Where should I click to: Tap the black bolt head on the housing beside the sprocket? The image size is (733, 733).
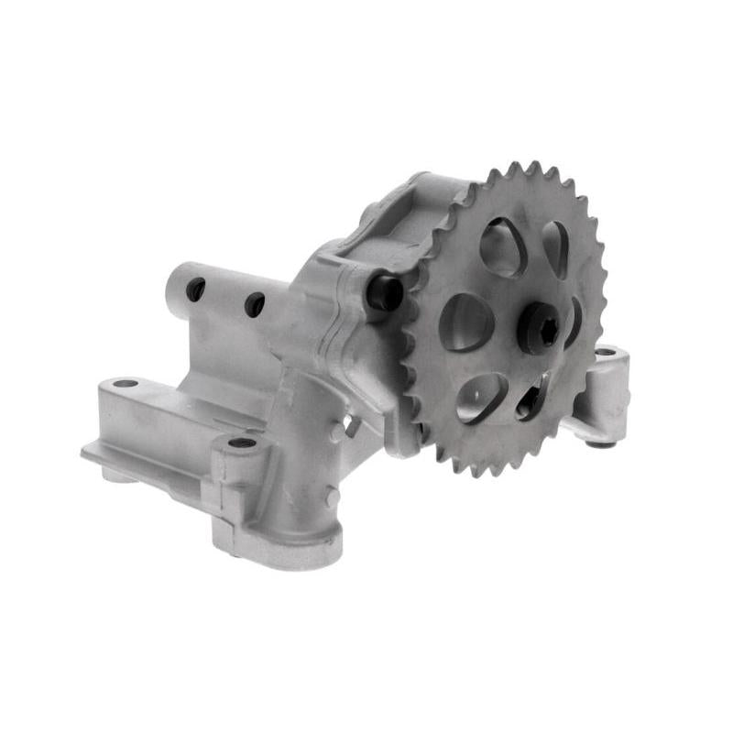click(387, 292)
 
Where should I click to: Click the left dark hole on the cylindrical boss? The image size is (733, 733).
click(196, 290)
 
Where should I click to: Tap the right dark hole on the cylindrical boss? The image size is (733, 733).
click(254, 305)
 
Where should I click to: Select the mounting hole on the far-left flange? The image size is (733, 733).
click(126, 383)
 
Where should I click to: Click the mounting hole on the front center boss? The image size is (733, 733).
click(242, 443)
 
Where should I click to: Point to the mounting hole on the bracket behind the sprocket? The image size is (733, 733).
click(605, 352)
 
